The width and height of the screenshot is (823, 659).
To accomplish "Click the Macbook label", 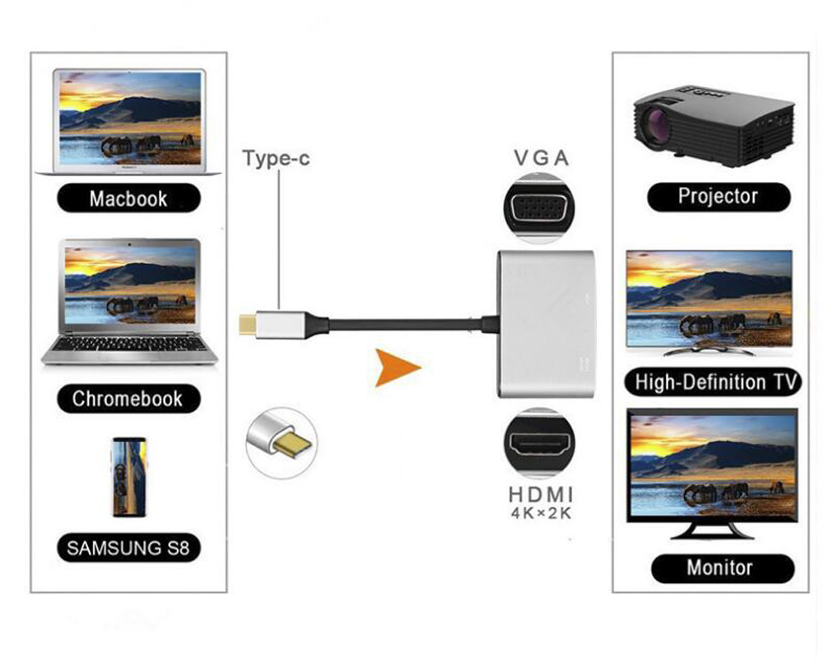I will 128,199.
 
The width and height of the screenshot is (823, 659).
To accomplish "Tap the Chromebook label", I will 128,399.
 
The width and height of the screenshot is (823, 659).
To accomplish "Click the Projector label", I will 718,196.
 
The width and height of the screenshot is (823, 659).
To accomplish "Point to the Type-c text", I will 277,158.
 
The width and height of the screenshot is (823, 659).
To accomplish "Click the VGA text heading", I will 541,158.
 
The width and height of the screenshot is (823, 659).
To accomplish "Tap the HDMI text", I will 540,495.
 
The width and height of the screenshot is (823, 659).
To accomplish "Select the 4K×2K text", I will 540,514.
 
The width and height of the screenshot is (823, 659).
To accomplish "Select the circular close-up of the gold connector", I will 281,442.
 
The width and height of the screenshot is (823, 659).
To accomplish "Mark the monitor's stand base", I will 712,532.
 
